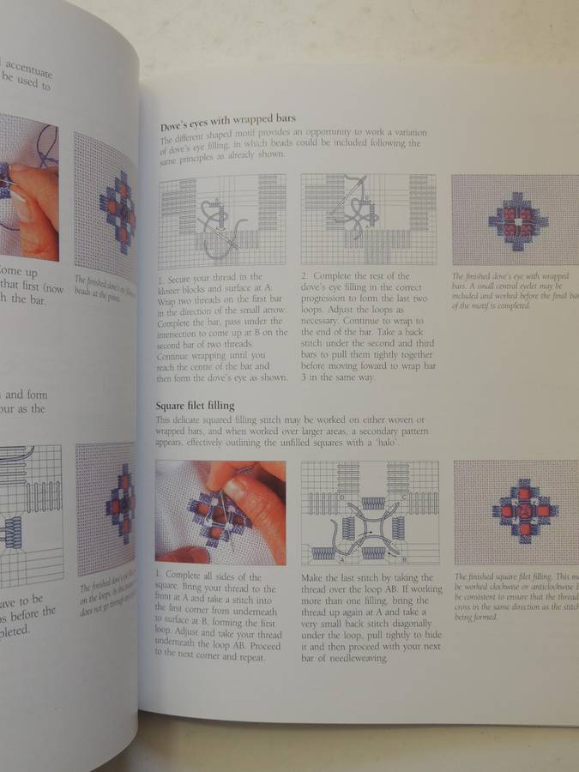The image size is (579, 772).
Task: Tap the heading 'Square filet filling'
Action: coord(196,404)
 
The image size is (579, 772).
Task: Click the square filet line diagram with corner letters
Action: coord(369,511)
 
